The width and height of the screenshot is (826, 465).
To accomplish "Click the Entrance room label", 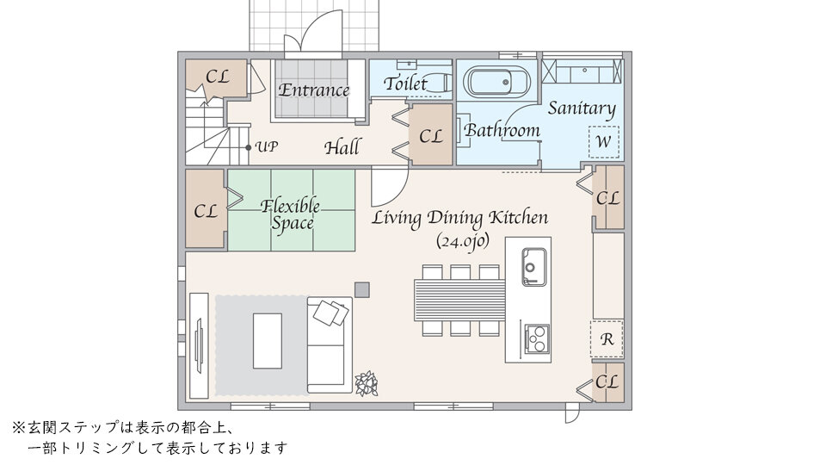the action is [313, 90].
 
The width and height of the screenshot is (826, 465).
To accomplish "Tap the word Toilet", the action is [405, 84].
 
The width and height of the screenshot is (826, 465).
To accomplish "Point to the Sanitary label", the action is [582, 108].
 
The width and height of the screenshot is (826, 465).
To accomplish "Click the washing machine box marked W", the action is [604, 142].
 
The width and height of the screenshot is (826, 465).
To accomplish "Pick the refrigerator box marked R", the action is [607, 339].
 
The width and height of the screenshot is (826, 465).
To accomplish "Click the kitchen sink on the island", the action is [533, 267].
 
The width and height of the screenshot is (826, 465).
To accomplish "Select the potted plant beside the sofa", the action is [367, 383].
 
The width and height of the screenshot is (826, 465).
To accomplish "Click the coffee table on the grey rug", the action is [268, 341].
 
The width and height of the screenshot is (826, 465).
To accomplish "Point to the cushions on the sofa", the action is [330, 313].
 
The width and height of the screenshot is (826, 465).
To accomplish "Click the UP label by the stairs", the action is [267, 146].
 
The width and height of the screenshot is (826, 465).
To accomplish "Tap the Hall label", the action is [342, 147].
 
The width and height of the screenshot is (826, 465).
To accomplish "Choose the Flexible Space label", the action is [291, 214].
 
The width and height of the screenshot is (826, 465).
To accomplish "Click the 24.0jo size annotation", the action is [463, 241].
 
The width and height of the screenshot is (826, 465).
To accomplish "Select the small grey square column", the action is [362, 289].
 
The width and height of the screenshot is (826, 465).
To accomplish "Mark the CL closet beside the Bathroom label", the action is [431, 134].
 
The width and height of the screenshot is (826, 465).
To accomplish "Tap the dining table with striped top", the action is [459, 301].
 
